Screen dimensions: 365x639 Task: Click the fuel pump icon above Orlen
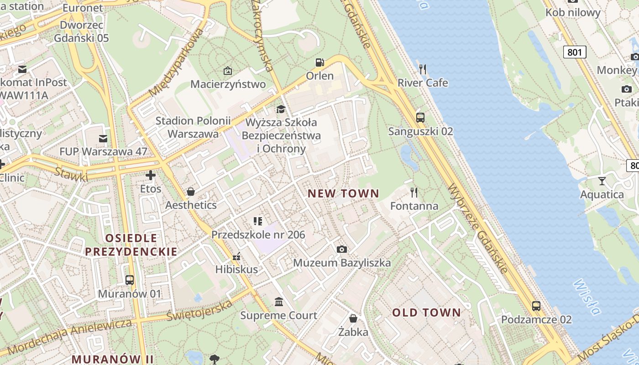(x=320, y=63)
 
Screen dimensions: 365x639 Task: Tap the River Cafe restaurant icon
(x=423, y=69)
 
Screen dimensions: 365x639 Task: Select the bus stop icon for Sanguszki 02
(x=420, y=117)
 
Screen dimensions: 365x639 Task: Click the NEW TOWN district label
(x=343, y=193)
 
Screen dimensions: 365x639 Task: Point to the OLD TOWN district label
(x=427, y=313)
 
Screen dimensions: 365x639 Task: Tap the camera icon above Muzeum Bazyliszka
(x=341, y=249)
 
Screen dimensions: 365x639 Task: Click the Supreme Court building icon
(x=279, y=302)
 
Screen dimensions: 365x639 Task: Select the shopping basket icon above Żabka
(x=353, y=318)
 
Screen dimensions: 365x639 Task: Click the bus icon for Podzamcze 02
(x=536, y=306)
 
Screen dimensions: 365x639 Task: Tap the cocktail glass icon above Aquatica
(x=602, y=181)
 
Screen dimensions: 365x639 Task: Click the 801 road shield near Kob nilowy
(x=574, y=52)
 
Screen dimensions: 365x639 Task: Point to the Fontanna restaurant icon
(x=414, y=192)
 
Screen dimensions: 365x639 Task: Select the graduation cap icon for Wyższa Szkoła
(x=281, y=109)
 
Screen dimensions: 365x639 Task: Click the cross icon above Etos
(x=151, y=175)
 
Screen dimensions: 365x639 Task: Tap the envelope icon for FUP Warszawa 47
(x=103, y=138)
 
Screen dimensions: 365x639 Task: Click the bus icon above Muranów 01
(x=130, y=280)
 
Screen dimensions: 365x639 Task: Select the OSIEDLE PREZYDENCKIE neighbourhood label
(x=131, y=245)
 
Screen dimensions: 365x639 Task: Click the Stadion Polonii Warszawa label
(x=193, y=127)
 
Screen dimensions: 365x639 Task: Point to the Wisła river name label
(x=587, y=297)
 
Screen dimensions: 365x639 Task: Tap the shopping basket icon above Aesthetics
(x=191, y=192)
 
